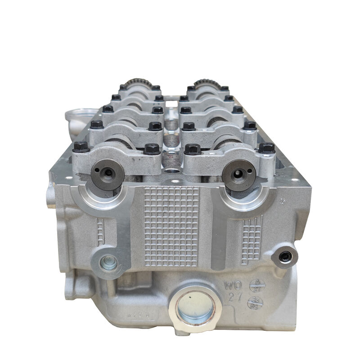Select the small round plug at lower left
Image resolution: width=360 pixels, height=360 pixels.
(108, 262)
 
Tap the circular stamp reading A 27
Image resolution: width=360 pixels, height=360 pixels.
(257, 285)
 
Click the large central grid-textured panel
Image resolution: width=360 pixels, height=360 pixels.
(171, 225)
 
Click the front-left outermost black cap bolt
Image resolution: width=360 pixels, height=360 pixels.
(81, 147)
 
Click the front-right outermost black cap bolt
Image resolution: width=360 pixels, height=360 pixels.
(267, 148)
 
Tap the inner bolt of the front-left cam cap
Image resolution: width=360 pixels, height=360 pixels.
(152, 148)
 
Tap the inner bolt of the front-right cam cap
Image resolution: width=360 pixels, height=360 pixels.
(193, 149)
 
